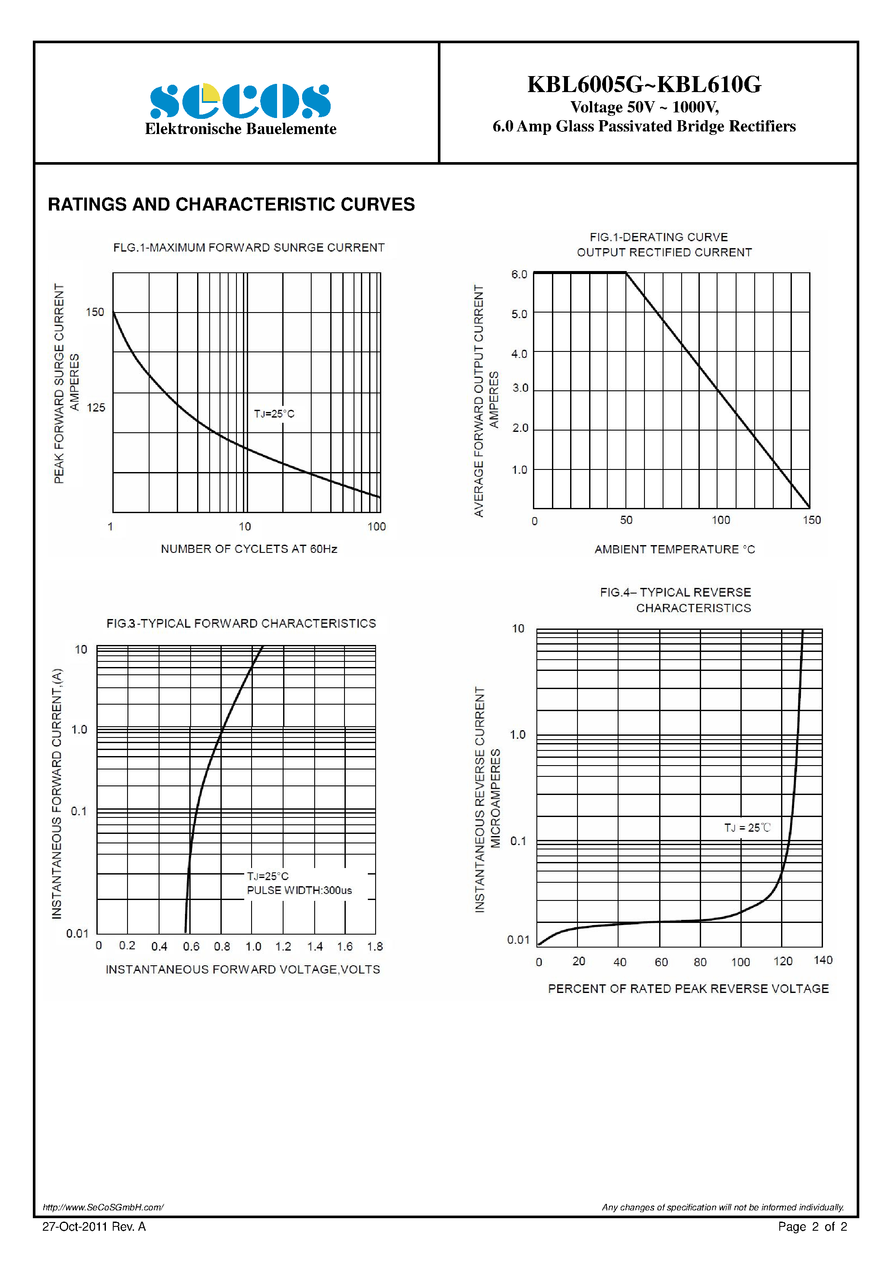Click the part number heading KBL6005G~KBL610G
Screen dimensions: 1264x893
pos(644,84)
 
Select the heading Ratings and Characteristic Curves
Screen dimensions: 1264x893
pos(231,204)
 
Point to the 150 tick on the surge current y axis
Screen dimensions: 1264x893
pos(95,312)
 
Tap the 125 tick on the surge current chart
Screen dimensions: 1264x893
pos(96,407)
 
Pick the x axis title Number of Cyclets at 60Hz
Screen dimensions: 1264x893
pos(249,549)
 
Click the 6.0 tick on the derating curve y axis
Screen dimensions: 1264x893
pos(519,274)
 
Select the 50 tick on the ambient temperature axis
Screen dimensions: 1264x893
pos(626,520)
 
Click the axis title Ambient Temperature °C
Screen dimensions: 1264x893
pos(674,549)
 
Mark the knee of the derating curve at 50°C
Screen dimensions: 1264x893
pos(626,272)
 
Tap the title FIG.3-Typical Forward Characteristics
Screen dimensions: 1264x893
pos(241,623)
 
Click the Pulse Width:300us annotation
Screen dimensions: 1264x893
pos(299,890)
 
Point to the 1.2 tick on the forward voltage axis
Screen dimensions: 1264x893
pos(283,946)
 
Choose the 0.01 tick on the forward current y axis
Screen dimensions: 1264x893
pos(77,933)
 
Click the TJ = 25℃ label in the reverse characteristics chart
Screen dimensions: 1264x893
pos(747,827)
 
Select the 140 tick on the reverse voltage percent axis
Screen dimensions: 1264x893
pos(823,960)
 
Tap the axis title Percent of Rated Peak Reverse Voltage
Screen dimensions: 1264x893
pos(688,989)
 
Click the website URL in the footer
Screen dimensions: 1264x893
pos(103,1207)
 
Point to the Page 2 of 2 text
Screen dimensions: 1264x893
pos(812,1226)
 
